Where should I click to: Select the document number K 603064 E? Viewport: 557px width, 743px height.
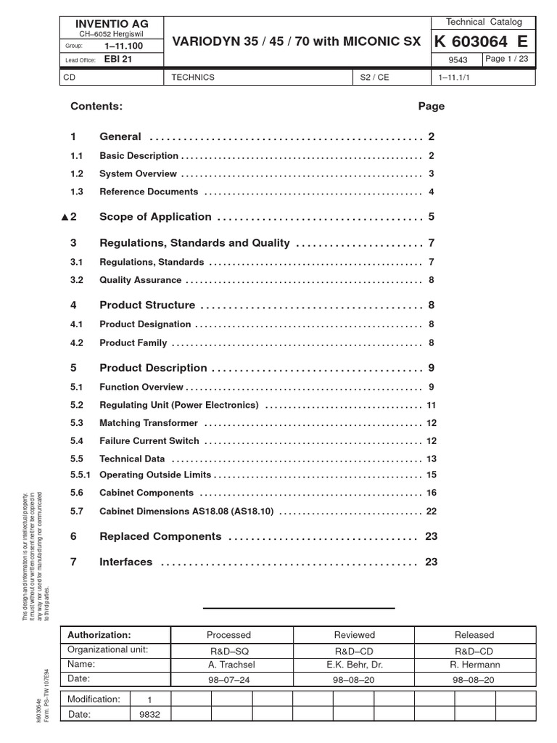(479, 42)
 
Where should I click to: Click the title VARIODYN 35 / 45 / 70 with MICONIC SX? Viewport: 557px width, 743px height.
(296, 43)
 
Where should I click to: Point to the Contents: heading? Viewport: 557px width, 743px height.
(96, 106)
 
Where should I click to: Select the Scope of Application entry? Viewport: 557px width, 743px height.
(155, 217)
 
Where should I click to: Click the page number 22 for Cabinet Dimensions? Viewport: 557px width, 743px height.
(431, 511)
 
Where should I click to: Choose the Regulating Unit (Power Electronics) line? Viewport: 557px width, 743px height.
(178, 405)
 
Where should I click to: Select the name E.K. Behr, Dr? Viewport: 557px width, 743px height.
(354, 664)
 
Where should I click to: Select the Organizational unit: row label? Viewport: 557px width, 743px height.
(107, 649)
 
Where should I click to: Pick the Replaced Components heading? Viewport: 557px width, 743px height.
(160, 536)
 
